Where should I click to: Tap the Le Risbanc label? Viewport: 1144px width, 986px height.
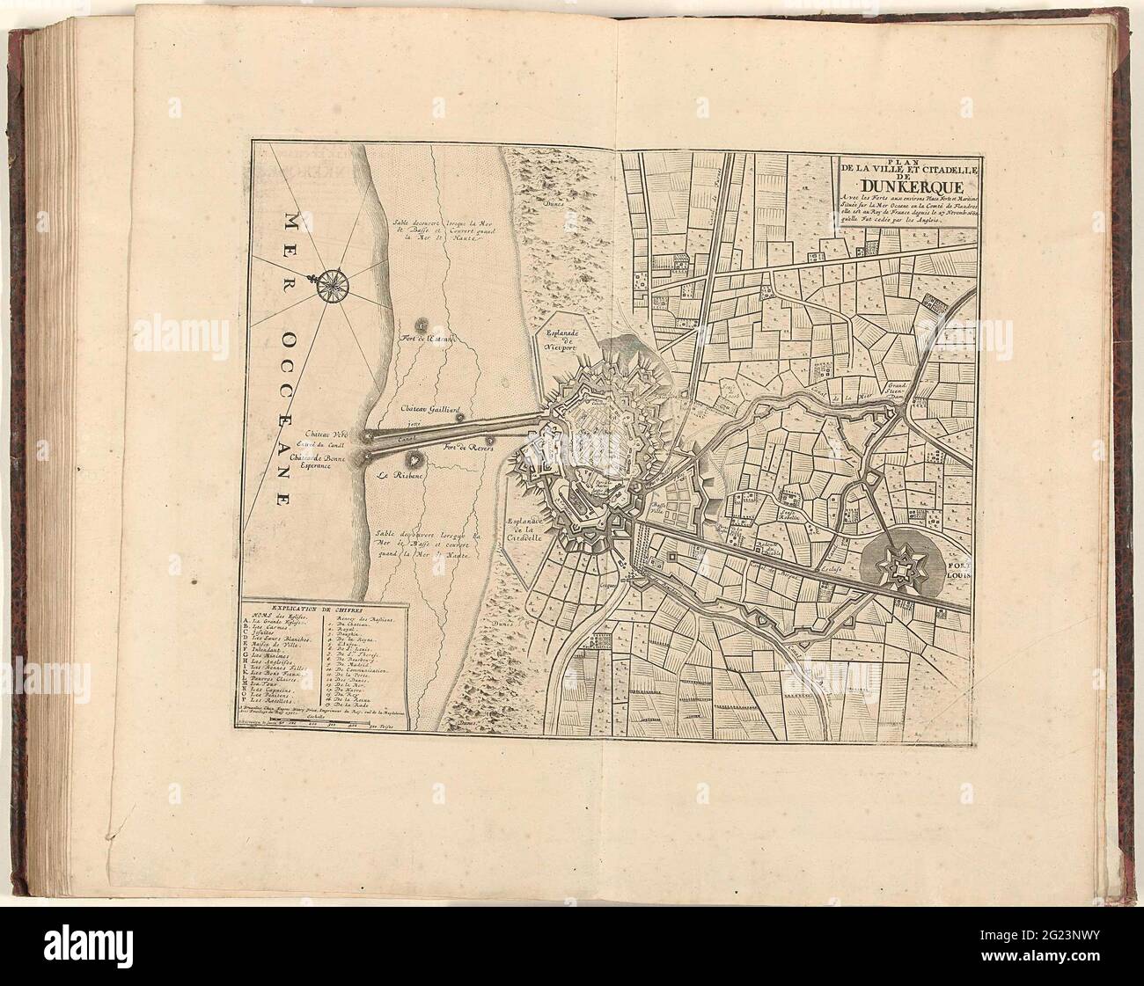[397, 476]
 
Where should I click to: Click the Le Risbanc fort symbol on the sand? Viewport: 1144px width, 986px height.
[412, 458]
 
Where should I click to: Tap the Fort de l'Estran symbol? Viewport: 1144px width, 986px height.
[422, 325]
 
